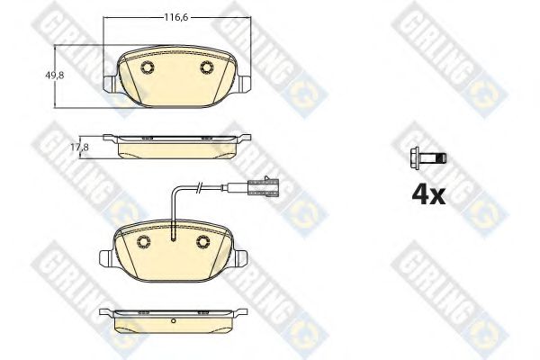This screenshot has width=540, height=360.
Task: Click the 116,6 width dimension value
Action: coord(176,17)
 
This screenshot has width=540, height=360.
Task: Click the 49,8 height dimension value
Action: coord(54,75)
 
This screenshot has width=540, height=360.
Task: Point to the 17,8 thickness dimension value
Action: coord(79,148)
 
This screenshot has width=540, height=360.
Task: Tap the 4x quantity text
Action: coord(428,195)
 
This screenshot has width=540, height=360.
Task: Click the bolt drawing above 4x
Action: coord(428,158)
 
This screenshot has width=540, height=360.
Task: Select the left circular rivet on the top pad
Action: coord(148,67)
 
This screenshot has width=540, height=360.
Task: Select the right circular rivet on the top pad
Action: coord(207,67)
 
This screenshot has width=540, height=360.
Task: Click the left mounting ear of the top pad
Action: coord(111,84)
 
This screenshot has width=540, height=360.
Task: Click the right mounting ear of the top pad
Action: coord(244,84)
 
